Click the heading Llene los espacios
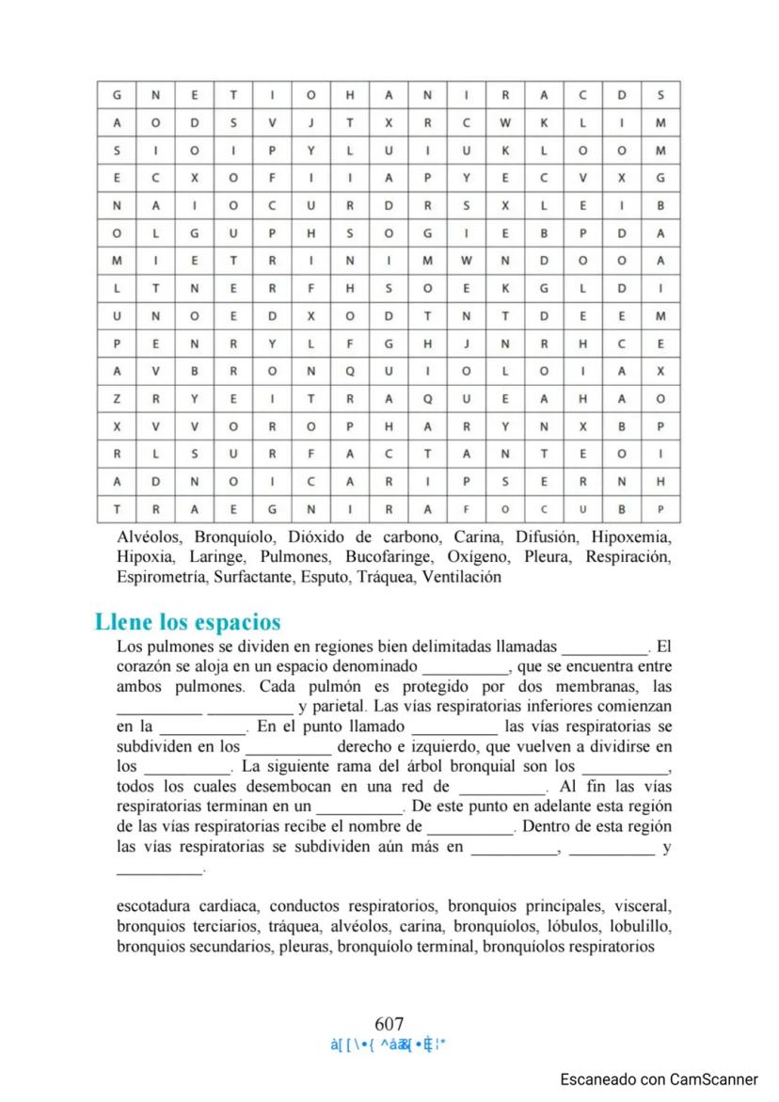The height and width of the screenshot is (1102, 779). [187, 623]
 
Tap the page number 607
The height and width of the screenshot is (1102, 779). [389, 1024]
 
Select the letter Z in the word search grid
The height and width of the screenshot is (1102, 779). [116, 398]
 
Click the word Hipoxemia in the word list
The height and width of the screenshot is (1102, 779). [630, 537]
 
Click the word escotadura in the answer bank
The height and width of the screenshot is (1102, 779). [155, 907]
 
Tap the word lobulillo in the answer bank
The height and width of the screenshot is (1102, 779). [640, 927]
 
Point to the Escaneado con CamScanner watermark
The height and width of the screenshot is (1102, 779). [659, 1080]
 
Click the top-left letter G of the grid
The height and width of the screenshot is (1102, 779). [116, 95]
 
